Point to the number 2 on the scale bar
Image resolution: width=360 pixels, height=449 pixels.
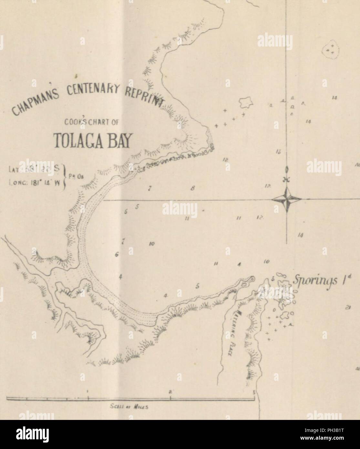[x=170, y=392]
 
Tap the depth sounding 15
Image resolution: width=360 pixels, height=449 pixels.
[x=278, y=151]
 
